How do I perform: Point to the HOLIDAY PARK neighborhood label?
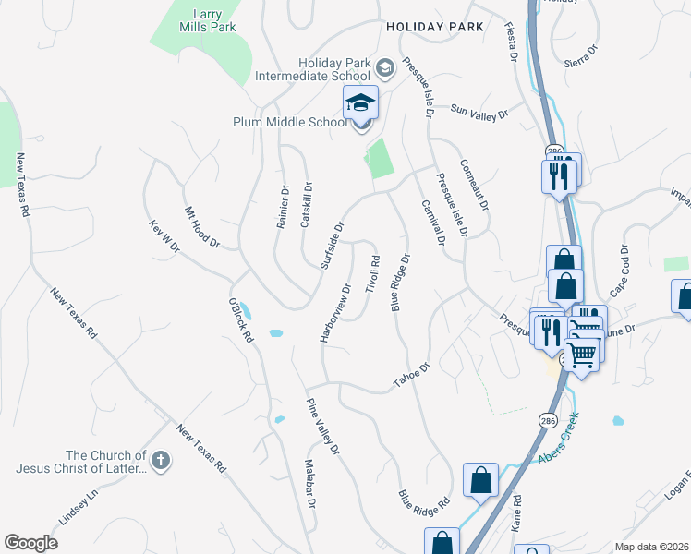(x=435, y=28)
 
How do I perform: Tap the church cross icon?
(x=160, y=461)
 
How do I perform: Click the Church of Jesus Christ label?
(x=80, y=462)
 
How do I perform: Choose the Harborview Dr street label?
(x=336, y=313)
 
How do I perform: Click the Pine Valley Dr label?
(x=323, y=426)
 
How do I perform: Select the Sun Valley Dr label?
(x=479, y=113)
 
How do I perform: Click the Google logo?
(x=30, y=543)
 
